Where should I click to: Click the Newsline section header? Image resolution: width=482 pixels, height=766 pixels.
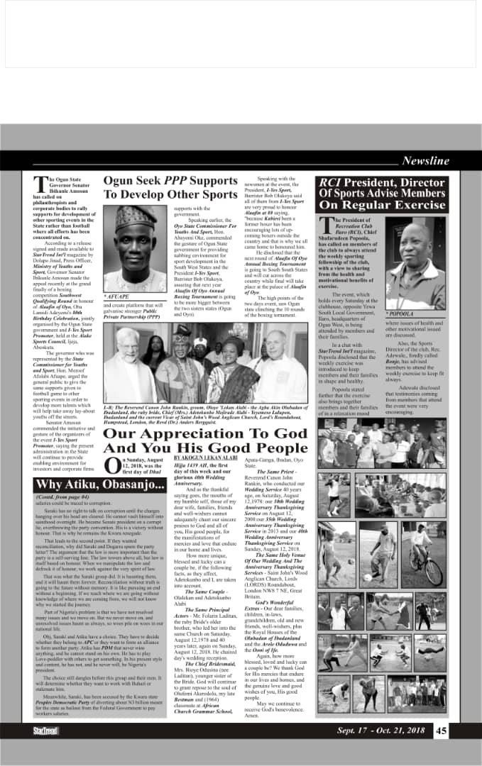(425, 161)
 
